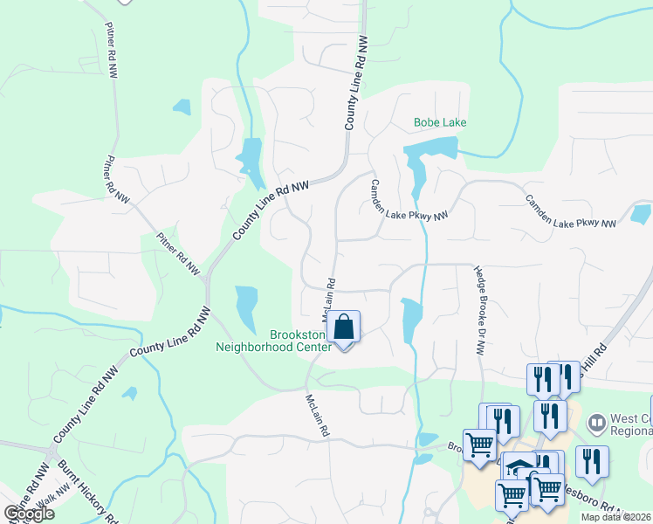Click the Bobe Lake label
pos(440,122)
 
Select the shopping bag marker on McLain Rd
pos(344,328)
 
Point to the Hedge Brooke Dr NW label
pos(479,310)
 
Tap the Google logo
pos(28,514)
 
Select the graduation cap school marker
pos(519,468)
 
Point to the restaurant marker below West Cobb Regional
pos(592,462)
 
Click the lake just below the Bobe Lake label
pos(416,170)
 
